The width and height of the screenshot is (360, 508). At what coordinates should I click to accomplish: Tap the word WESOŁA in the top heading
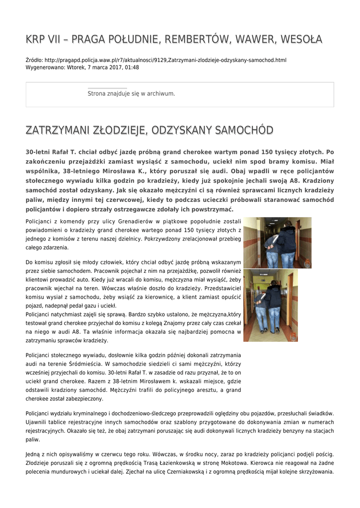pos(301,39)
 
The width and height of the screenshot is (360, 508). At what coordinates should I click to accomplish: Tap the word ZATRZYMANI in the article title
pos(58,130)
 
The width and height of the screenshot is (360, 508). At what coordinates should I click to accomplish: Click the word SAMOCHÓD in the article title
pos(243,130)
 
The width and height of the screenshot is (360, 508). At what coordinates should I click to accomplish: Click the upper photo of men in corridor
pos(277,243)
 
